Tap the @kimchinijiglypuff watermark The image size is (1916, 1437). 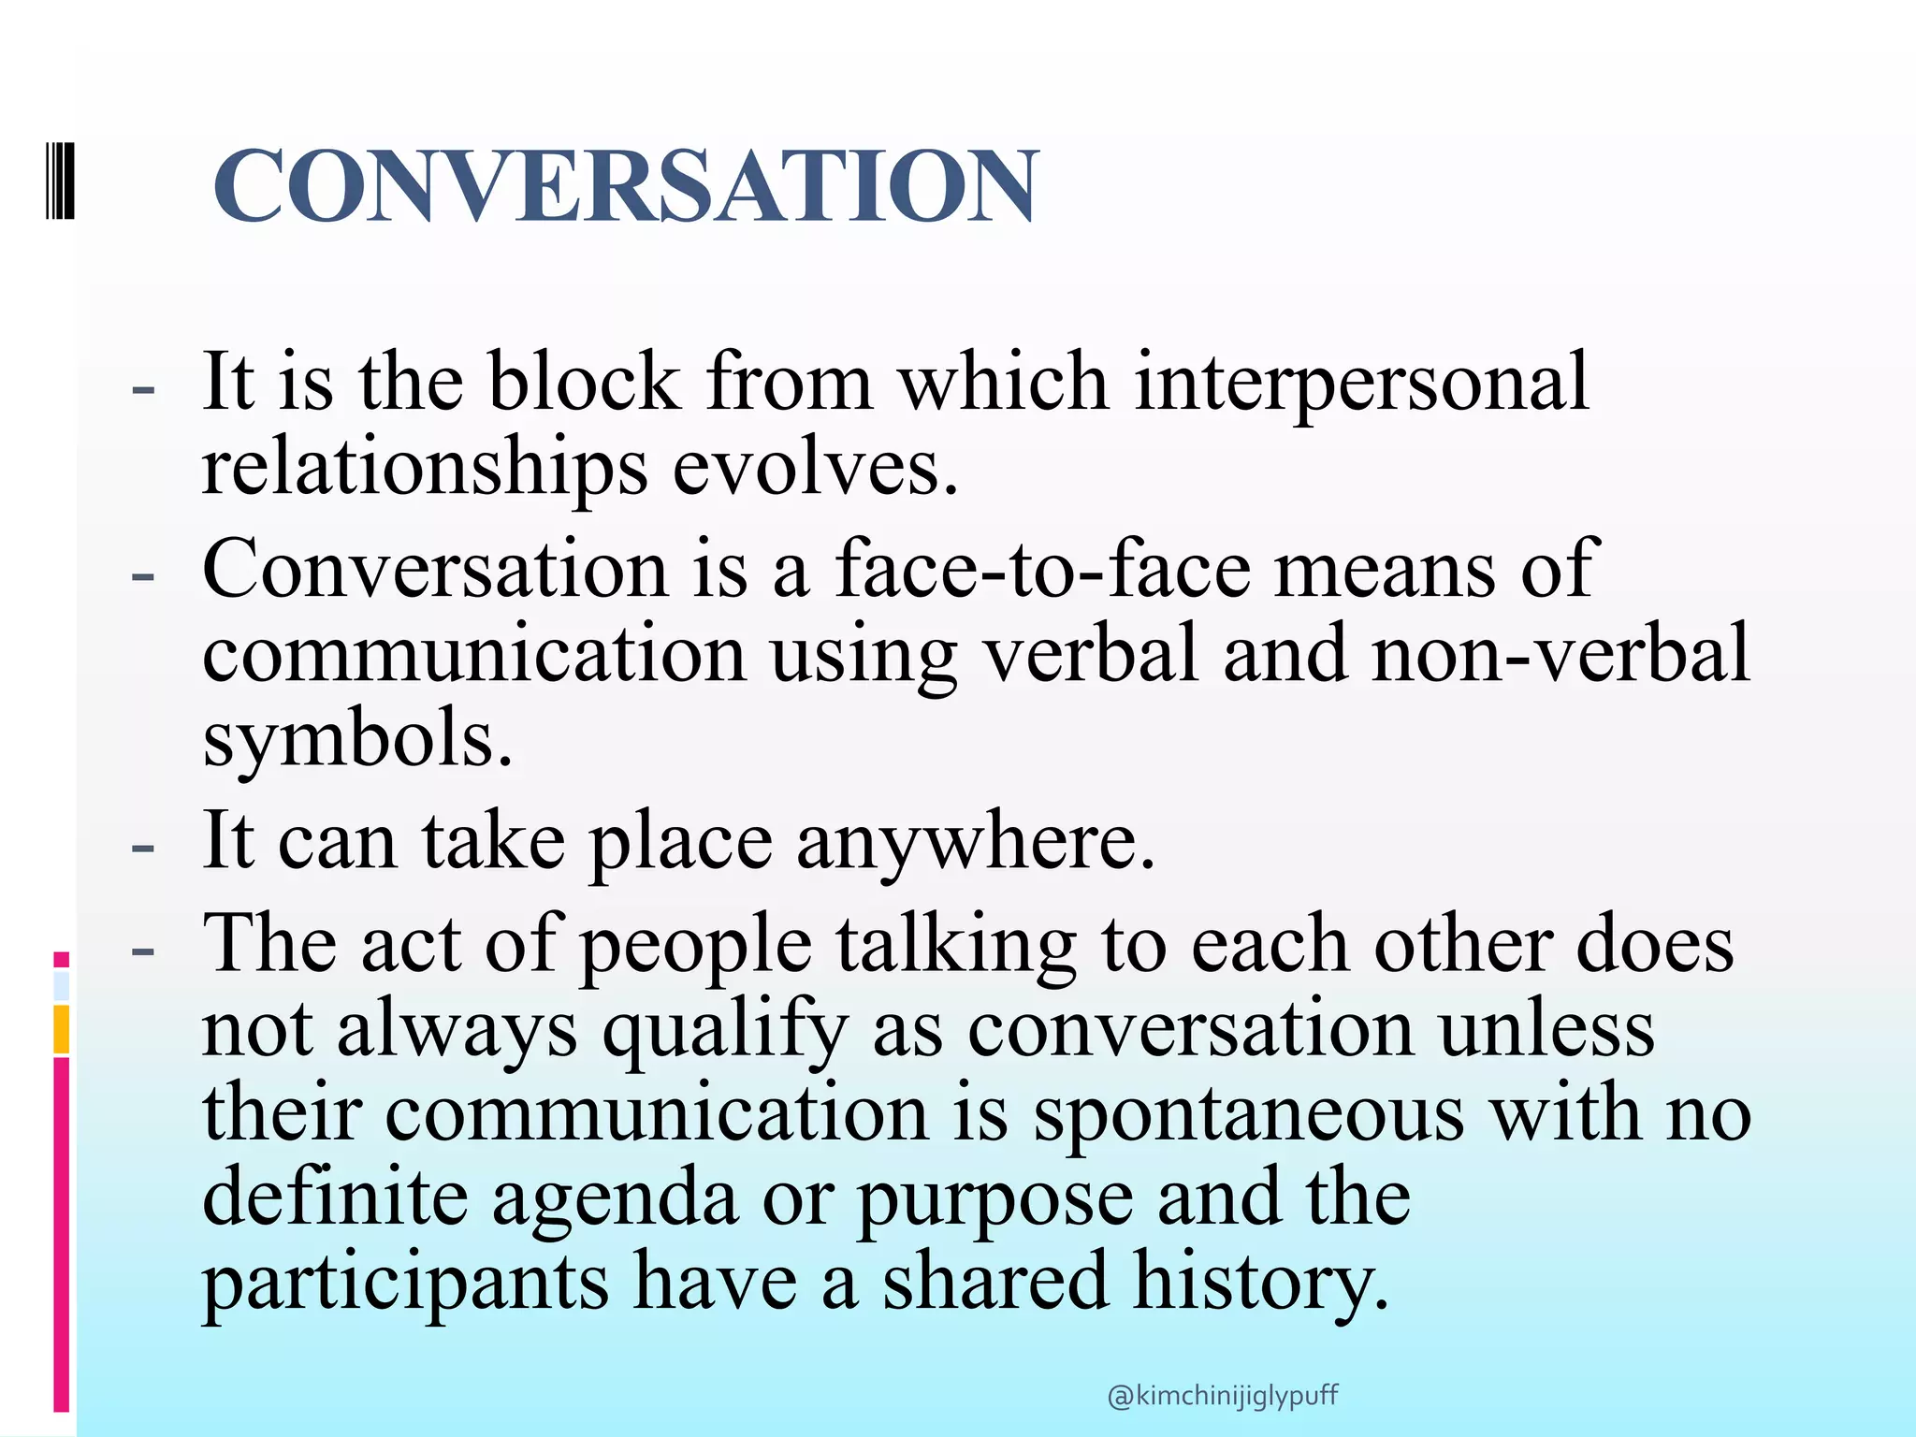tap(1222, 1396)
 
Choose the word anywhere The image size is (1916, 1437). tap(975, 842)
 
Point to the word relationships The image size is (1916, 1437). tap(425, 468)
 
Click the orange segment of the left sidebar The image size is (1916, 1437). tap(62, 1028)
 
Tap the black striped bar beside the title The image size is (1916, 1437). tap(61, 181)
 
